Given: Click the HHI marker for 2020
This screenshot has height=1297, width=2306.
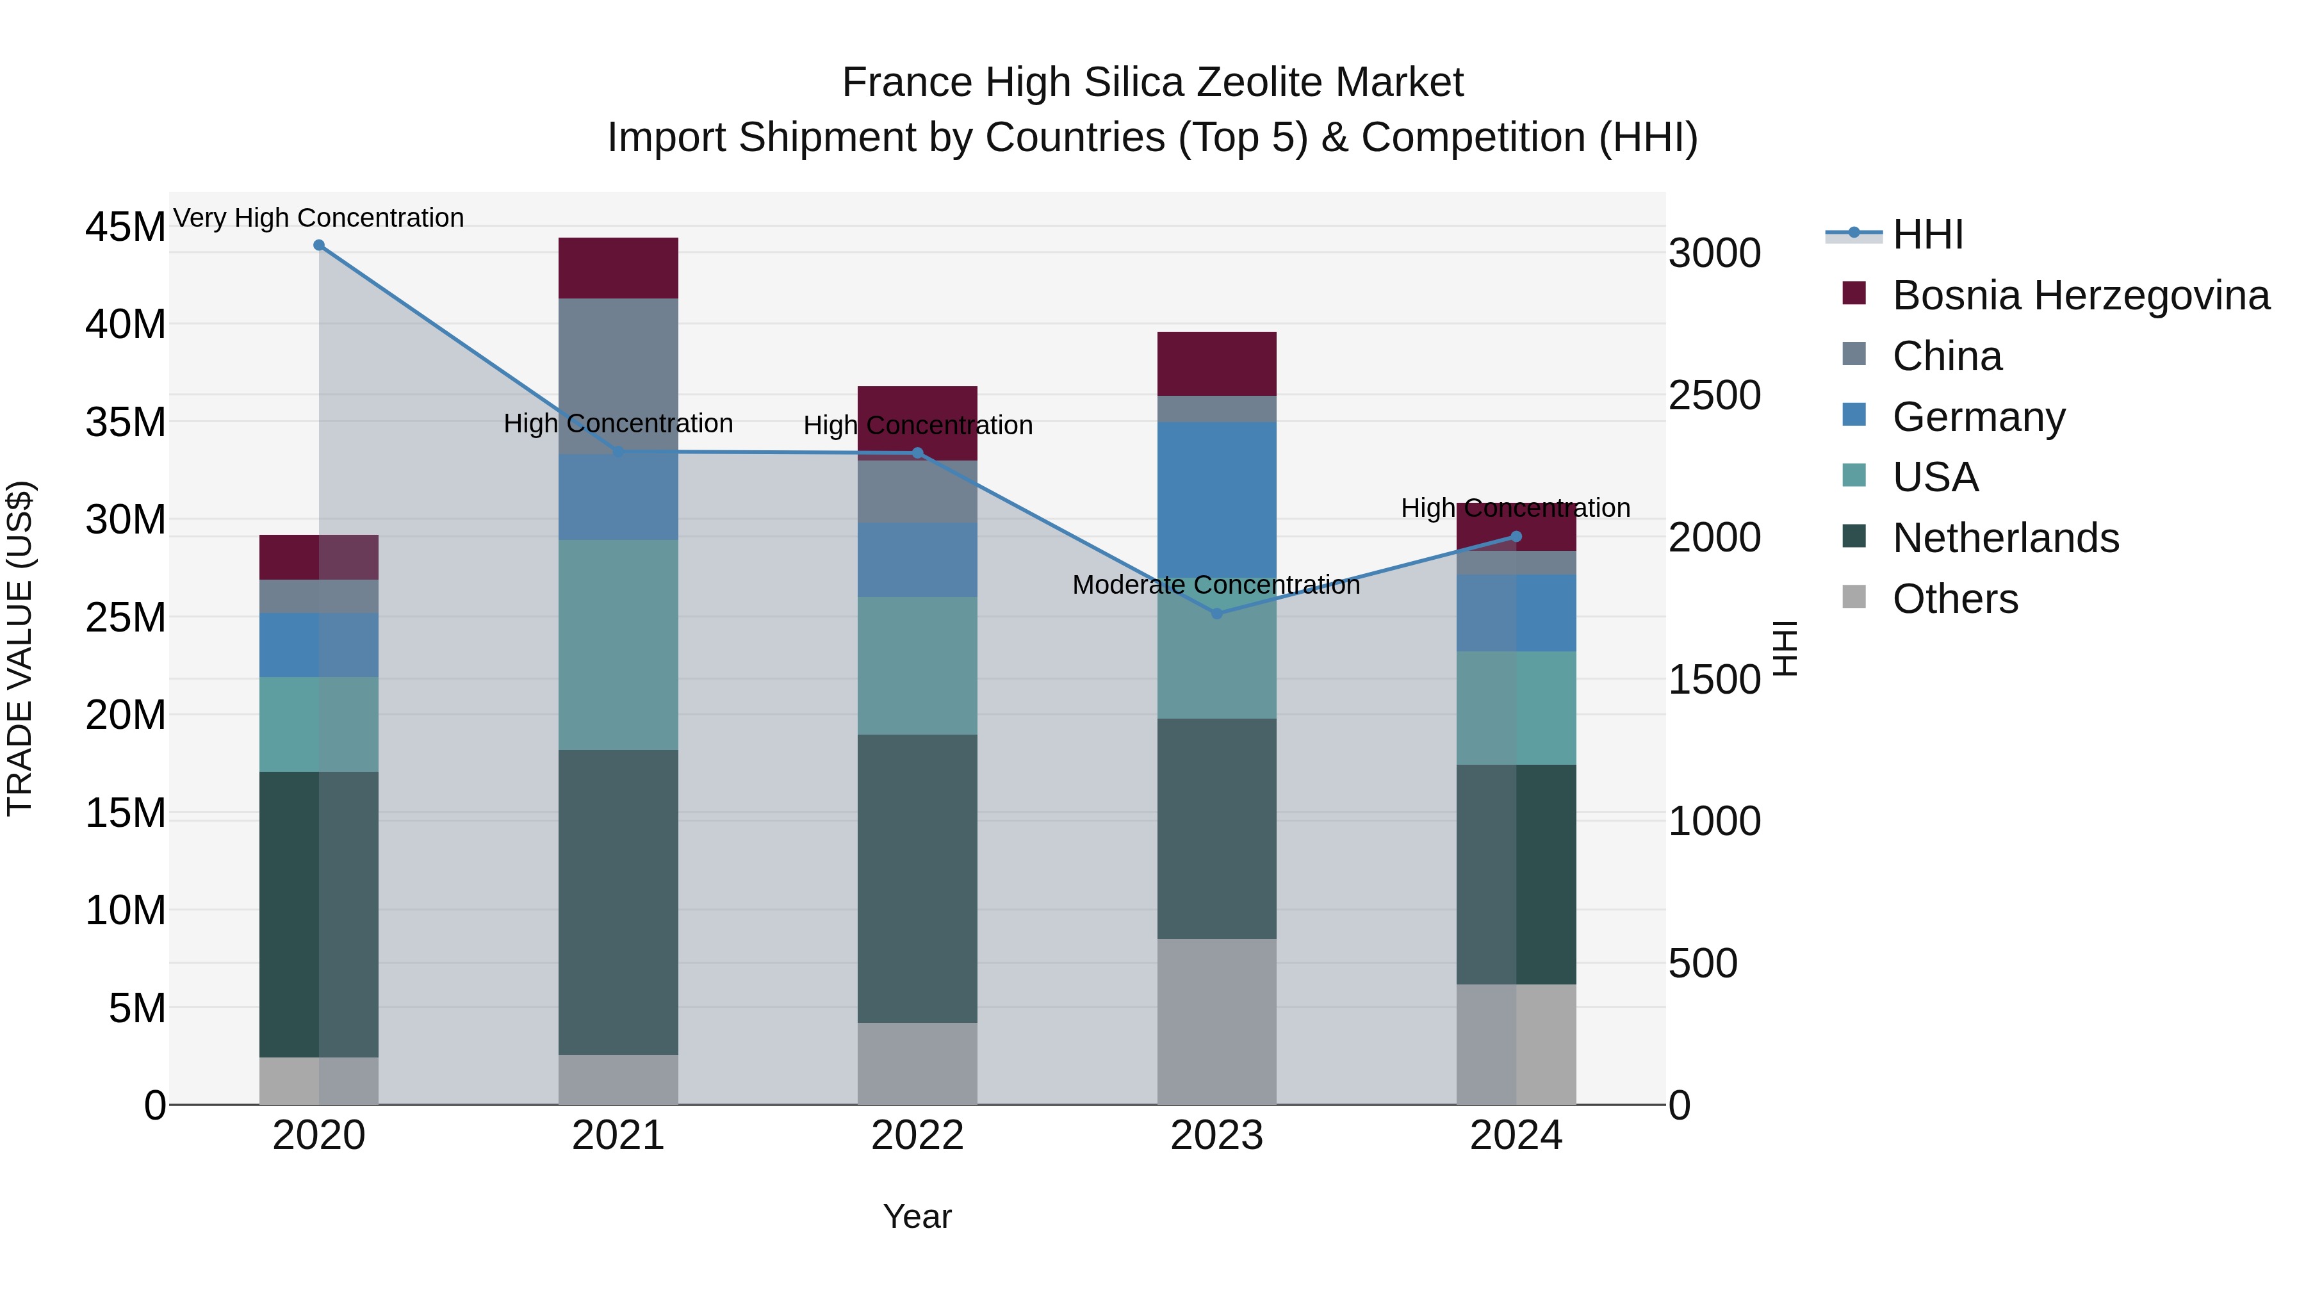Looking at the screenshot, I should click(319, 245).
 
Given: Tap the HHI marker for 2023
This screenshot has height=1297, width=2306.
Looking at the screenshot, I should click(1216, 614).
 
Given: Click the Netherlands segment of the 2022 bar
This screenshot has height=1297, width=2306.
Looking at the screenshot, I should click(917, 878).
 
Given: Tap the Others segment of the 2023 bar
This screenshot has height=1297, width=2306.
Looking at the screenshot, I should click(1216, 1022).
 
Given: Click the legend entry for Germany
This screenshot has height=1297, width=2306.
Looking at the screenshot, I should click(1979, 417).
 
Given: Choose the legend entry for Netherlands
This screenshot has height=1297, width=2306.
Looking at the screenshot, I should click(2005, 539).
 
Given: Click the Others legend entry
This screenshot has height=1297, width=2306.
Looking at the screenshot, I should click(1955, 599).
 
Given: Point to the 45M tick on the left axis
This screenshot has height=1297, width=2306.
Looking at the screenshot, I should click(126, 227).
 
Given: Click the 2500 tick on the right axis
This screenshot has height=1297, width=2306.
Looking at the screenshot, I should click(1714, 396).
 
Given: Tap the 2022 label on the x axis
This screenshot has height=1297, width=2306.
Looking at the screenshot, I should click(917, 1136).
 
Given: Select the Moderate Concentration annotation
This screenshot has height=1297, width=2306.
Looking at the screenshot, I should click(1216, 585).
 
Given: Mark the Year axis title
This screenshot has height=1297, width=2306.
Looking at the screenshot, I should click(917, 1216).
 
